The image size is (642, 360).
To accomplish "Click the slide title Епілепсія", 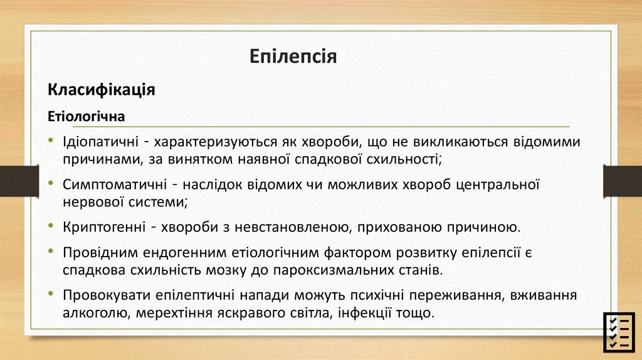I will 293,57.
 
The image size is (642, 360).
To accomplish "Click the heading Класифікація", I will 101,90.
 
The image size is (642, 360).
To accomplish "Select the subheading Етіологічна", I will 86,117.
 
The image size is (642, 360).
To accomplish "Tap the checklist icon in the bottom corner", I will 618,332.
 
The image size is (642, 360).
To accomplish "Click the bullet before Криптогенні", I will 50,225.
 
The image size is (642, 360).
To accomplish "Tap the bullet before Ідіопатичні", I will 50,140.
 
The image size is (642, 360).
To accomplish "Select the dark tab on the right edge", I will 622,181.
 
